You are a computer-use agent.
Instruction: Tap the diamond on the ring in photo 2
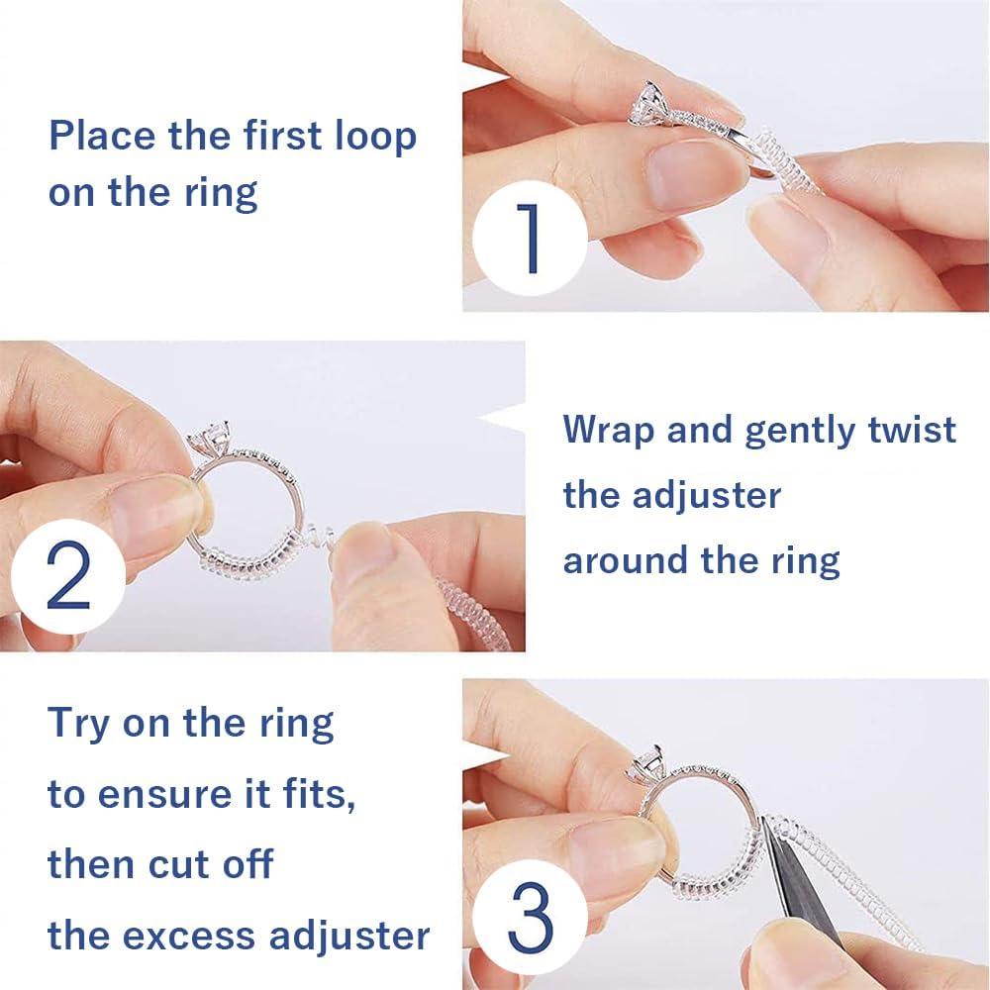point(215,437)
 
